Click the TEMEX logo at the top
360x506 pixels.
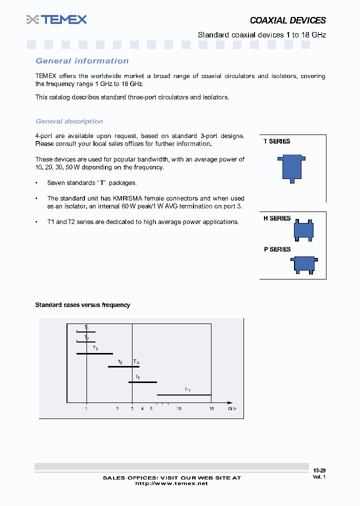[56, 19]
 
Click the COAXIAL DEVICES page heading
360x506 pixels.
[287, 20]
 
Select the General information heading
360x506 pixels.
[82, 61]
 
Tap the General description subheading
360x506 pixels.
[69, 121]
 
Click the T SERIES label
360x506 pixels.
[276, 141]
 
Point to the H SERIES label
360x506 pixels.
[277, 218]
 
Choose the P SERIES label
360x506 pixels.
[277, 249]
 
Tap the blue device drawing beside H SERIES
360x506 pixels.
[303, 229]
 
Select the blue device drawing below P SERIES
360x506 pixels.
[303, 264]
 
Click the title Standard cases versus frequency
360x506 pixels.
[82, 305]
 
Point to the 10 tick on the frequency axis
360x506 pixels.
[178, 409]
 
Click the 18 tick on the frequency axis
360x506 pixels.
[211, 409]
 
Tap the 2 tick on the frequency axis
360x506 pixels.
[117, 409]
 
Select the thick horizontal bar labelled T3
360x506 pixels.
[94, 353]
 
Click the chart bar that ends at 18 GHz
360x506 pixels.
[184, 395]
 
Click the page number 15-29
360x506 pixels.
[319, 470]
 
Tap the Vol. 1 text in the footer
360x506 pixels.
[319, 477]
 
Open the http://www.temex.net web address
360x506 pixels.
[171, 483]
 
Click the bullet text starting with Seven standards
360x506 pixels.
[91, 183]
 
